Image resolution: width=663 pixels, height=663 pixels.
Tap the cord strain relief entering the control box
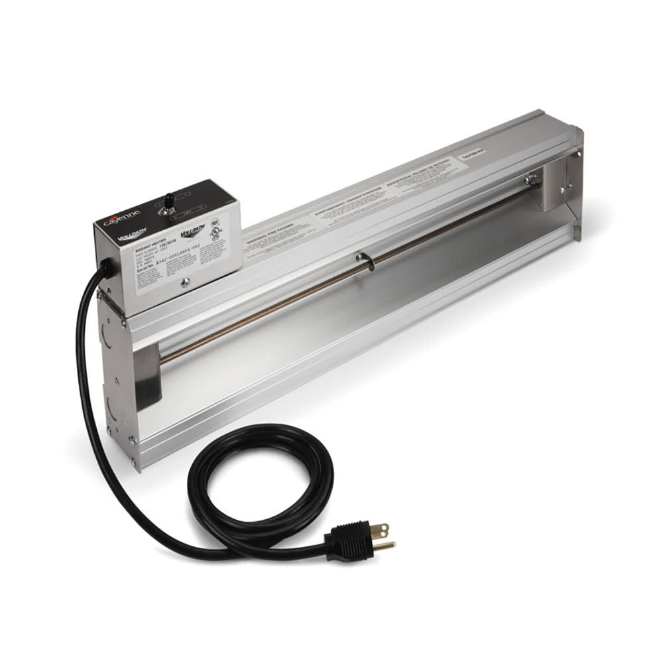tap(106, 266)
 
